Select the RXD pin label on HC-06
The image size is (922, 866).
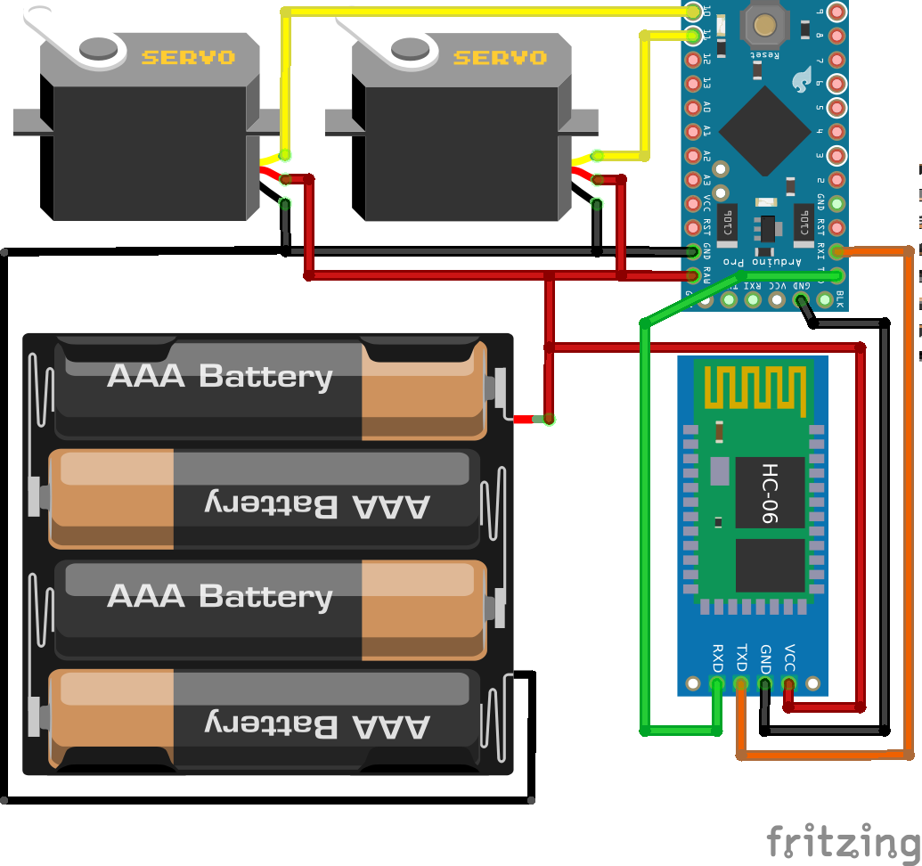click(717, 658)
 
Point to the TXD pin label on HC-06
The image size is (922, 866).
click(741, 658)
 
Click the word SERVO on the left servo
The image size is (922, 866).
click(188, 58)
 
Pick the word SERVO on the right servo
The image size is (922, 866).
click(500, 58)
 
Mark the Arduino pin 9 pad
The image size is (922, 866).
click(835, 12)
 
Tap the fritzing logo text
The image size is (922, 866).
click(842, 840)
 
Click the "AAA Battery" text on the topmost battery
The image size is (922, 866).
click(220, 376)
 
